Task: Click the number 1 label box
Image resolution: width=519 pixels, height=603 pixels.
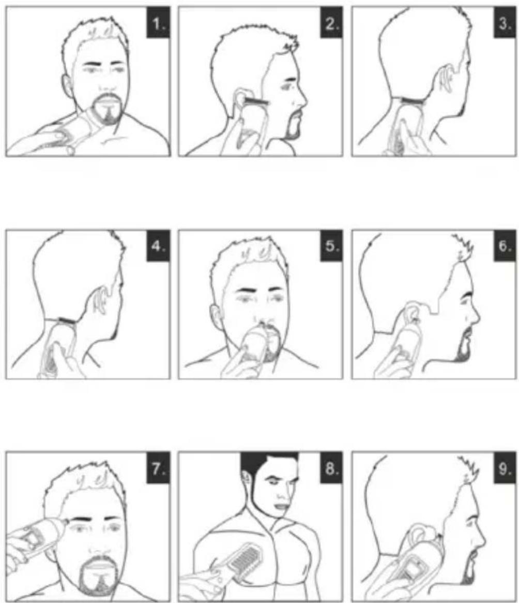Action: (x=158, y=23)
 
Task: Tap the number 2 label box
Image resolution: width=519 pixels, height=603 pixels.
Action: (x=331, y=23)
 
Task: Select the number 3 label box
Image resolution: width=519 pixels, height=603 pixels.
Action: (x=505, y=23)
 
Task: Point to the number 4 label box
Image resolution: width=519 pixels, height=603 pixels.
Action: (x=158, y=245)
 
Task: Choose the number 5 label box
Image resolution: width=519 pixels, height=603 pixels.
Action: (x=331, y=245)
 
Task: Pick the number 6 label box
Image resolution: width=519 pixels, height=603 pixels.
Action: (x=505, y=245)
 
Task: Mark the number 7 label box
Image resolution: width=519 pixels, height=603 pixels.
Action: (x=158, y=467)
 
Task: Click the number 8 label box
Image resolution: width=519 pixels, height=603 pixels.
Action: (x=331, y=467)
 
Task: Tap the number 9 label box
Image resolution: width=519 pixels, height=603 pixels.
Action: (x=505, y=467)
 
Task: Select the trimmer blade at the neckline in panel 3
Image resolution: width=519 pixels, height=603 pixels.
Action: (x=414, y=101)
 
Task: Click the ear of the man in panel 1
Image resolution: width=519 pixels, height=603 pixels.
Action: (x=67, y=86)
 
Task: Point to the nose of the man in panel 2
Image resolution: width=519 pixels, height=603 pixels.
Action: (x=301, y=99)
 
